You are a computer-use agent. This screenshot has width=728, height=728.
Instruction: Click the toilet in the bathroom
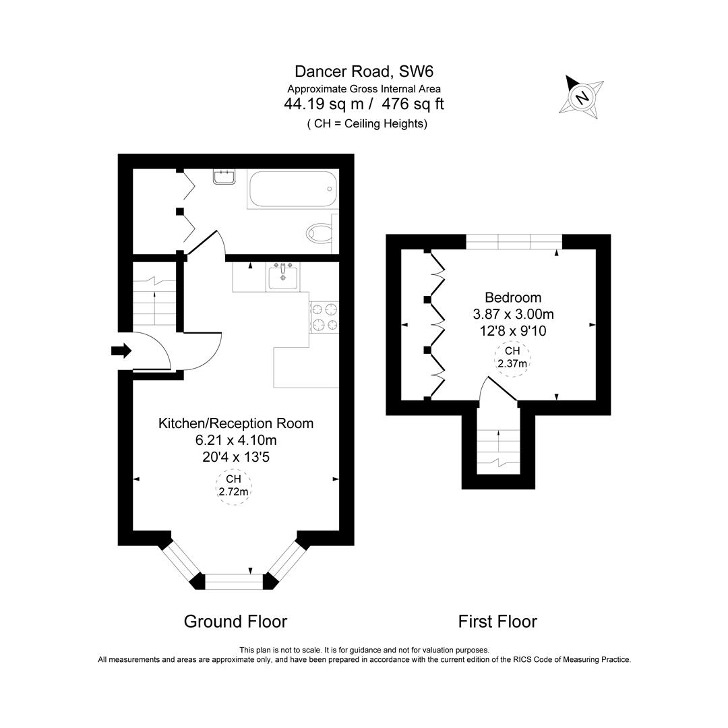[x=321, y=234]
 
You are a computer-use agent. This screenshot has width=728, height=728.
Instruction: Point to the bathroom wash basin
[x=224, y=177]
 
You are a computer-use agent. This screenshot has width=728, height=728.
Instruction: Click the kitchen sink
[x=283, y=277]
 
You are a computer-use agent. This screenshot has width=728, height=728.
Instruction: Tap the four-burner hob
[x=324, y=317]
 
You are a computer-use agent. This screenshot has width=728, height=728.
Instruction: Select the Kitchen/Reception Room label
[x=235, y=423]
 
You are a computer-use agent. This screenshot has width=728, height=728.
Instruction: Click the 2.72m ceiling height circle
[x=233, y=485]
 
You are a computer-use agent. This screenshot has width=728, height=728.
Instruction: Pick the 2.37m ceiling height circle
[x=512, y=357]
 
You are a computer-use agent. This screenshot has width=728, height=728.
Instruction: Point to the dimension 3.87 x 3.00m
[x=513, y=314]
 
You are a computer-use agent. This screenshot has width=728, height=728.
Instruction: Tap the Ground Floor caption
[x=235, y=621]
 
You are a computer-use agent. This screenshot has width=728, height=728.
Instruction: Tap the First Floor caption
[x=497, y=621]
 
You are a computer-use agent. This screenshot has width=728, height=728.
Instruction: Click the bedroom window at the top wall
[x=514, y=241]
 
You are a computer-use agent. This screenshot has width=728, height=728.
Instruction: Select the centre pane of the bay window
[x=235, y=582]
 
